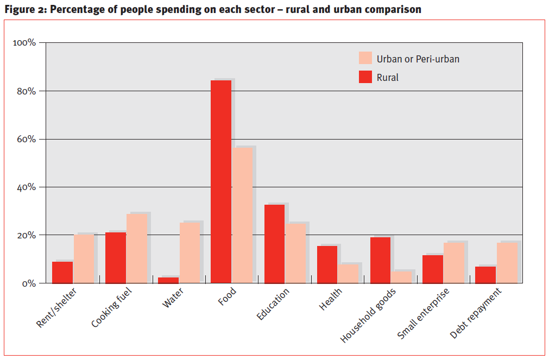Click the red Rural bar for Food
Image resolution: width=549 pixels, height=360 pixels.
click(220, 181)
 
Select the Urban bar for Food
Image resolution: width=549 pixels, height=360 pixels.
click(242, 215)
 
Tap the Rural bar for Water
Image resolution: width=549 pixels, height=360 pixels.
click(168, 280)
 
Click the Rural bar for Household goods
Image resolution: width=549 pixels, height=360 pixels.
click(380, 260)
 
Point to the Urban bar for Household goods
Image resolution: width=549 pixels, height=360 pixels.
click(401, 277)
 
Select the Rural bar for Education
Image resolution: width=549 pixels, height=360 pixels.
click(274, 244)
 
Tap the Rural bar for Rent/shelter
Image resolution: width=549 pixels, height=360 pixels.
click(62, 272)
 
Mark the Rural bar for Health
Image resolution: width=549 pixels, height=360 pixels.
click(327, 264)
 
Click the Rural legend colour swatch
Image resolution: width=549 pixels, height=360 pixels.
click(365, 77)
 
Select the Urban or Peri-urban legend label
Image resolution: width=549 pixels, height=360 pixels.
click(418, 59)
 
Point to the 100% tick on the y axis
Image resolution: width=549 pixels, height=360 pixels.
click(25, 42)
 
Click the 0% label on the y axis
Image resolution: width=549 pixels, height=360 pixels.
click(29, 283)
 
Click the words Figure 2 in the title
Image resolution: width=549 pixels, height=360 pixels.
click(23, 9)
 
